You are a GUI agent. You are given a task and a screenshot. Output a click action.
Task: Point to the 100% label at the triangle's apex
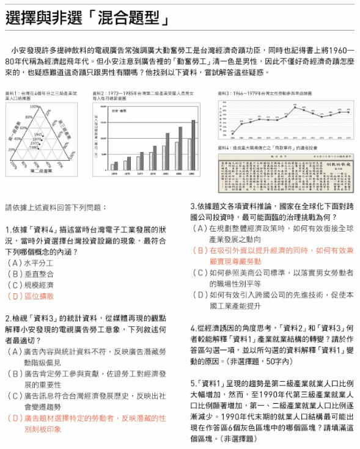click(35, 107)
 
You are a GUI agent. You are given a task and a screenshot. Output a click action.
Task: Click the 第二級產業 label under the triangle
click(41, 171)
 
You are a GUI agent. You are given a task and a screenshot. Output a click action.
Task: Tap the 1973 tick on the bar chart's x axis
click(114, 173)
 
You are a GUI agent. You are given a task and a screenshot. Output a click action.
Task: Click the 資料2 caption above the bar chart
click(143, 95)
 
